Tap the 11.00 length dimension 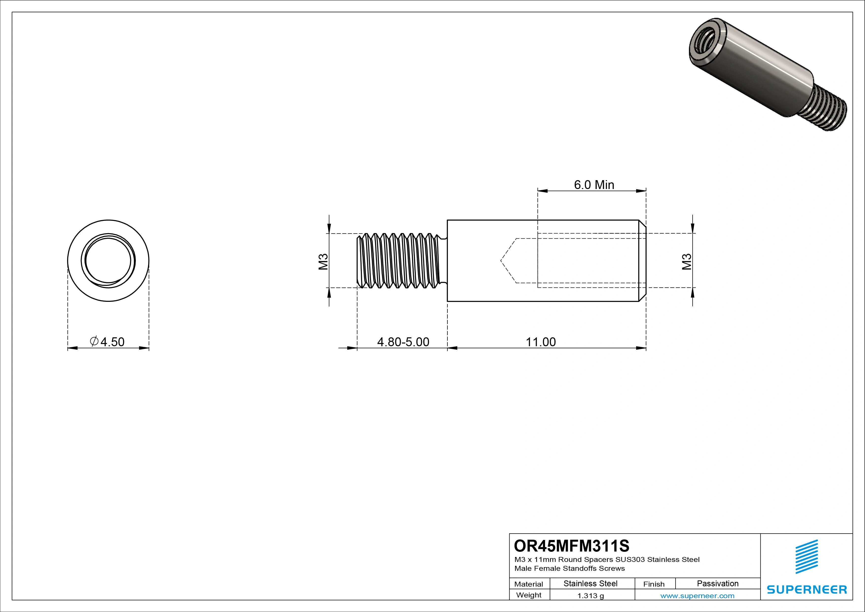[541, 342]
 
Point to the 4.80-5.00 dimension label [403, 342]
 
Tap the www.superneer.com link [697, 596]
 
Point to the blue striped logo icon [807, 556]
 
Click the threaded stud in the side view [399, 260]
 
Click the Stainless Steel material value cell [590, 583]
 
